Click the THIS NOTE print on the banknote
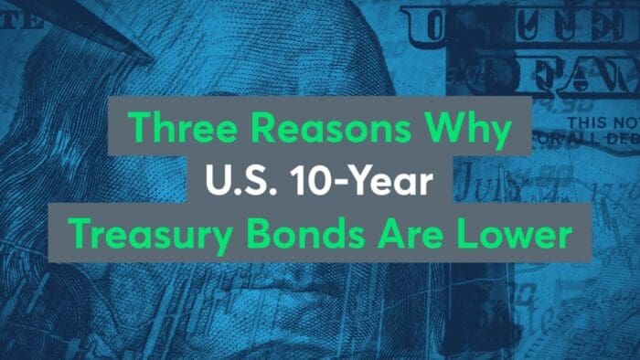(599, 122)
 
